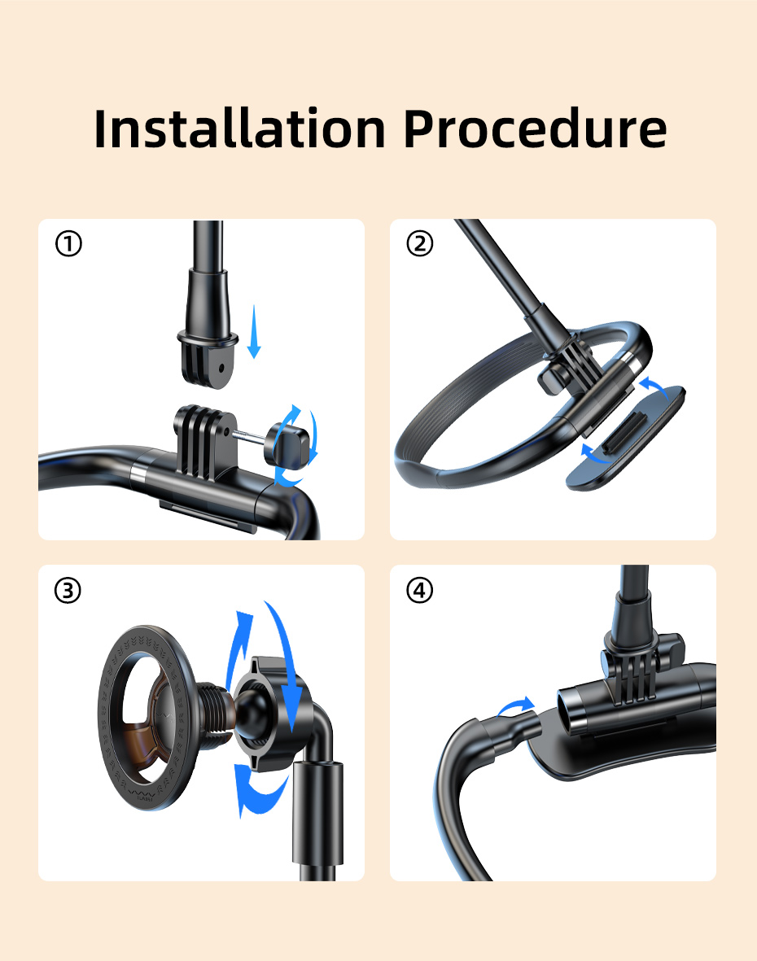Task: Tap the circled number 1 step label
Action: pyautogui.click(x=68, y=243)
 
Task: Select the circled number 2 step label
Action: pyautogui.click(x=420, y=243)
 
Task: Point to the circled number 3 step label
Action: pyautogui.click(x=68, y=590)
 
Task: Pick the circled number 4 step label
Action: pyautogui.click(x=420, y=590)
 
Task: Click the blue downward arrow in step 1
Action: pyautogui.click(x=254, y=331)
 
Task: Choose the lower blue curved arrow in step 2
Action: pyautogui.click(x=594, y=454)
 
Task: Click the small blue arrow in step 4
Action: pyautogui.click(x=515, y=706)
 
